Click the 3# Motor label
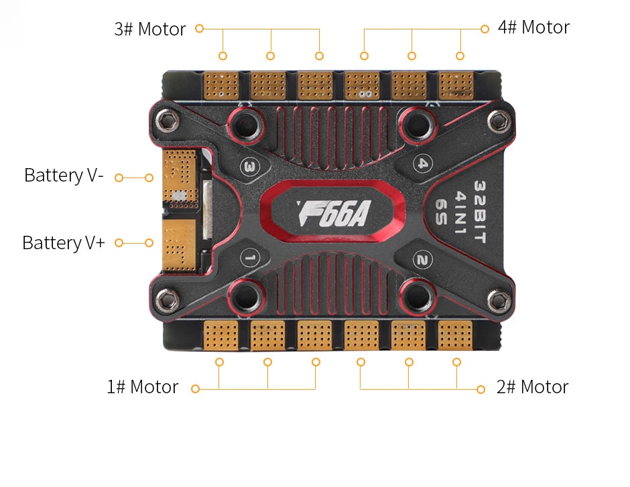pos(149,29)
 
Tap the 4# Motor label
pos(533,27)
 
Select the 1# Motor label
pos(142,387)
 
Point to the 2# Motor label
pos(532,387)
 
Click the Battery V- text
pos(64,176)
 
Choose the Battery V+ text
pos(64,242)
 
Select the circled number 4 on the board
pos(422,163)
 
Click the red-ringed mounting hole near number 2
pos(418,295)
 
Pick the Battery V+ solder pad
pos(178,246)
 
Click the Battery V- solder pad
pos(180,176)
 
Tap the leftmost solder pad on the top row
pos(220,86)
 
